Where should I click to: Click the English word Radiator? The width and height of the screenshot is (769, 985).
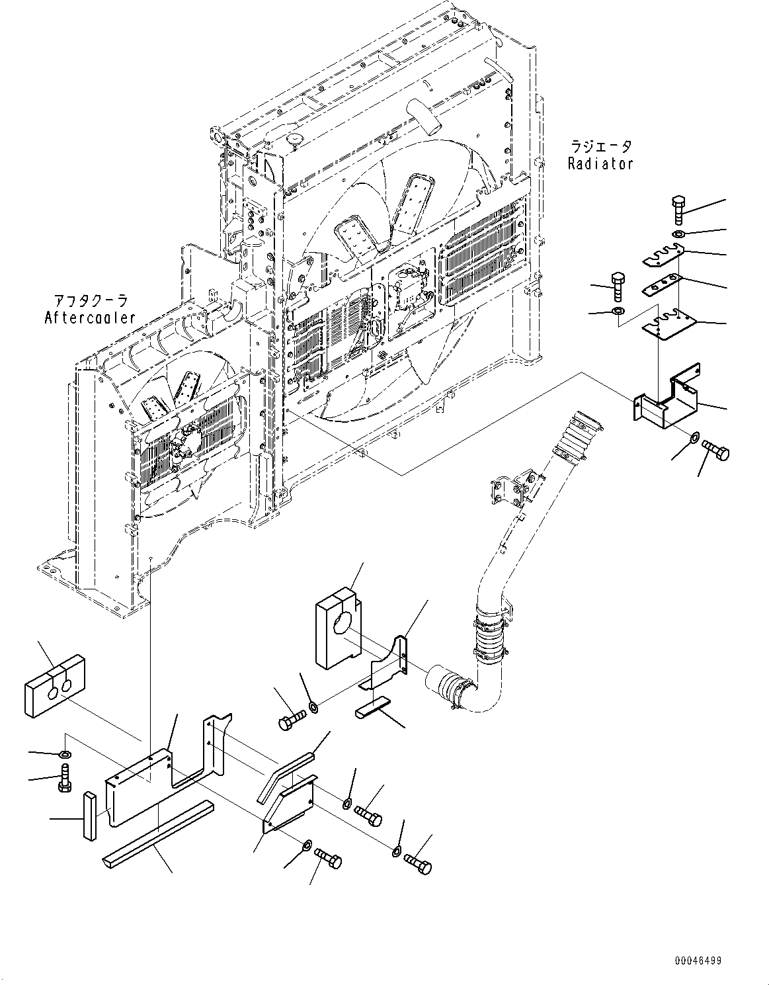click(x=600, y=163)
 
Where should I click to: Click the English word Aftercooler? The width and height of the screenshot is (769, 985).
click(x=90, y=318)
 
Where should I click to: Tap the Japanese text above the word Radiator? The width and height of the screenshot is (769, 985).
click(x=600, y=146)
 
